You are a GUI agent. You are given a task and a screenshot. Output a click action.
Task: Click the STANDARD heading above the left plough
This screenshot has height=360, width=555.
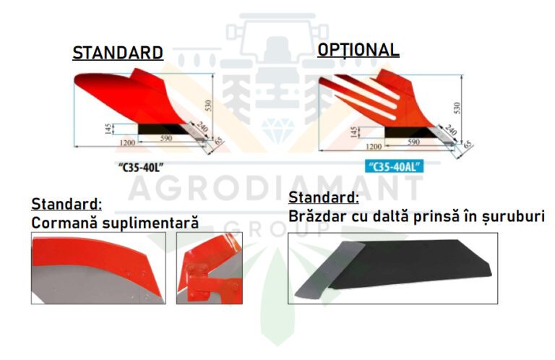118,53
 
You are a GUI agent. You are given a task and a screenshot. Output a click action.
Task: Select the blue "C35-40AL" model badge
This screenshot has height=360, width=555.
395,167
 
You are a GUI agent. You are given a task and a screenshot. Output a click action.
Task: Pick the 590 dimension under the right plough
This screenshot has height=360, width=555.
413,142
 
